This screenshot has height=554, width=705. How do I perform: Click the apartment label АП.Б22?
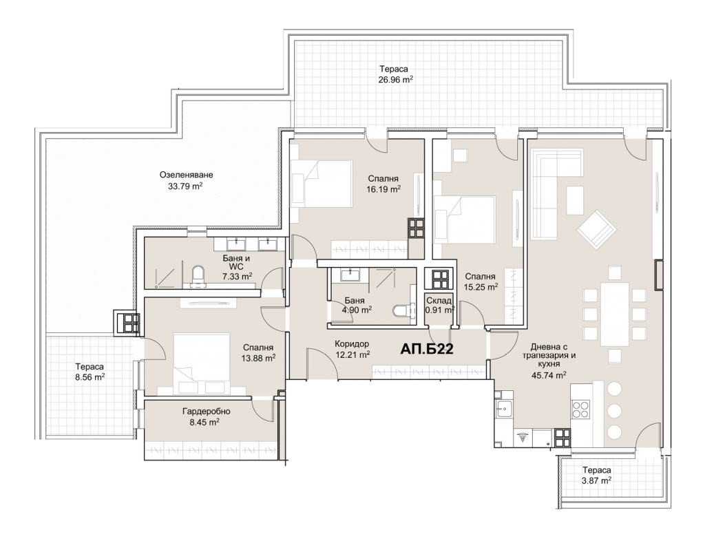pyautogui.click(x=427, y=349)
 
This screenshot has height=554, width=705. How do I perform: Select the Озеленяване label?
pyautogui.click(x=186, y=175)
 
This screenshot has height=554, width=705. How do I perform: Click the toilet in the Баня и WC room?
pyautogui.click(x=198, y=276)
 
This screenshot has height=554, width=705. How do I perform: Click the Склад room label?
pyautogui.click(x=439, y=301)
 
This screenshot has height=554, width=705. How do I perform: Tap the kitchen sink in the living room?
pyautogui.click(x=504, y=409)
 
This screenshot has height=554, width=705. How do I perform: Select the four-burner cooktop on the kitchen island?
pyautogui.click(x=580, y=409)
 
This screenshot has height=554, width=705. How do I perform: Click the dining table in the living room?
pyautogui.click(x=614, y=314)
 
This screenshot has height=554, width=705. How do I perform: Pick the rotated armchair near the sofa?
pyautogui.click(x=596, y=229)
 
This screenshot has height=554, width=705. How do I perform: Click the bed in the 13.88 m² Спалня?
pyautogui.click(x=202, y=363)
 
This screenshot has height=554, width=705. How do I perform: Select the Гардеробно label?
pyautogui.click(x=207, y=411)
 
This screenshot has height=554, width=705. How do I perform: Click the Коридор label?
pyautogui.click(x=352, y=343)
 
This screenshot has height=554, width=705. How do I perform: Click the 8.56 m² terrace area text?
pyautogui.click(x=90, y=377)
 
